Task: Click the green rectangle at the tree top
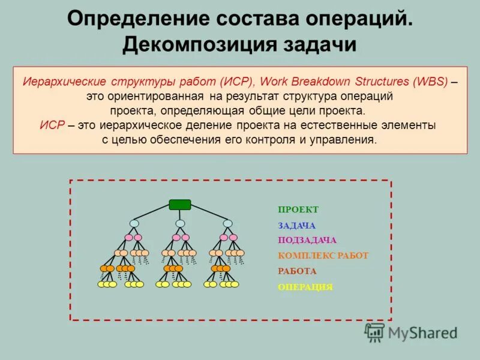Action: point(179,205)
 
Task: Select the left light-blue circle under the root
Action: point(134,224)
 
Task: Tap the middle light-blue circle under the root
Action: point(180,224)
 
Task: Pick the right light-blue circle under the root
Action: point(227,224)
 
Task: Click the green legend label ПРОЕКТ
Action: point(298,209)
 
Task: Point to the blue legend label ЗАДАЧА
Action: point(296,226)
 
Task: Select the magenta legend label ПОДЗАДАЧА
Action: point(307,240)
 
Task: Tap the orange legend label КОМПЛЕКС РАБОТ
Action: point(323,256)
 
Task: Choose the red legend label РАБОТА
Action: point(297,271)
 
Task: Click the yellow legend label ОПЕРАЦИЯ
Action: point(305,287)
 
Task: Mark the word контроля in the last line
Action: point(268,139)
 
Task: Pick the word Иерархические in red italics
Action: point(64,82)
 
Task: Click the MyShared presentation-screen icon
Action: point(375,332)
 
